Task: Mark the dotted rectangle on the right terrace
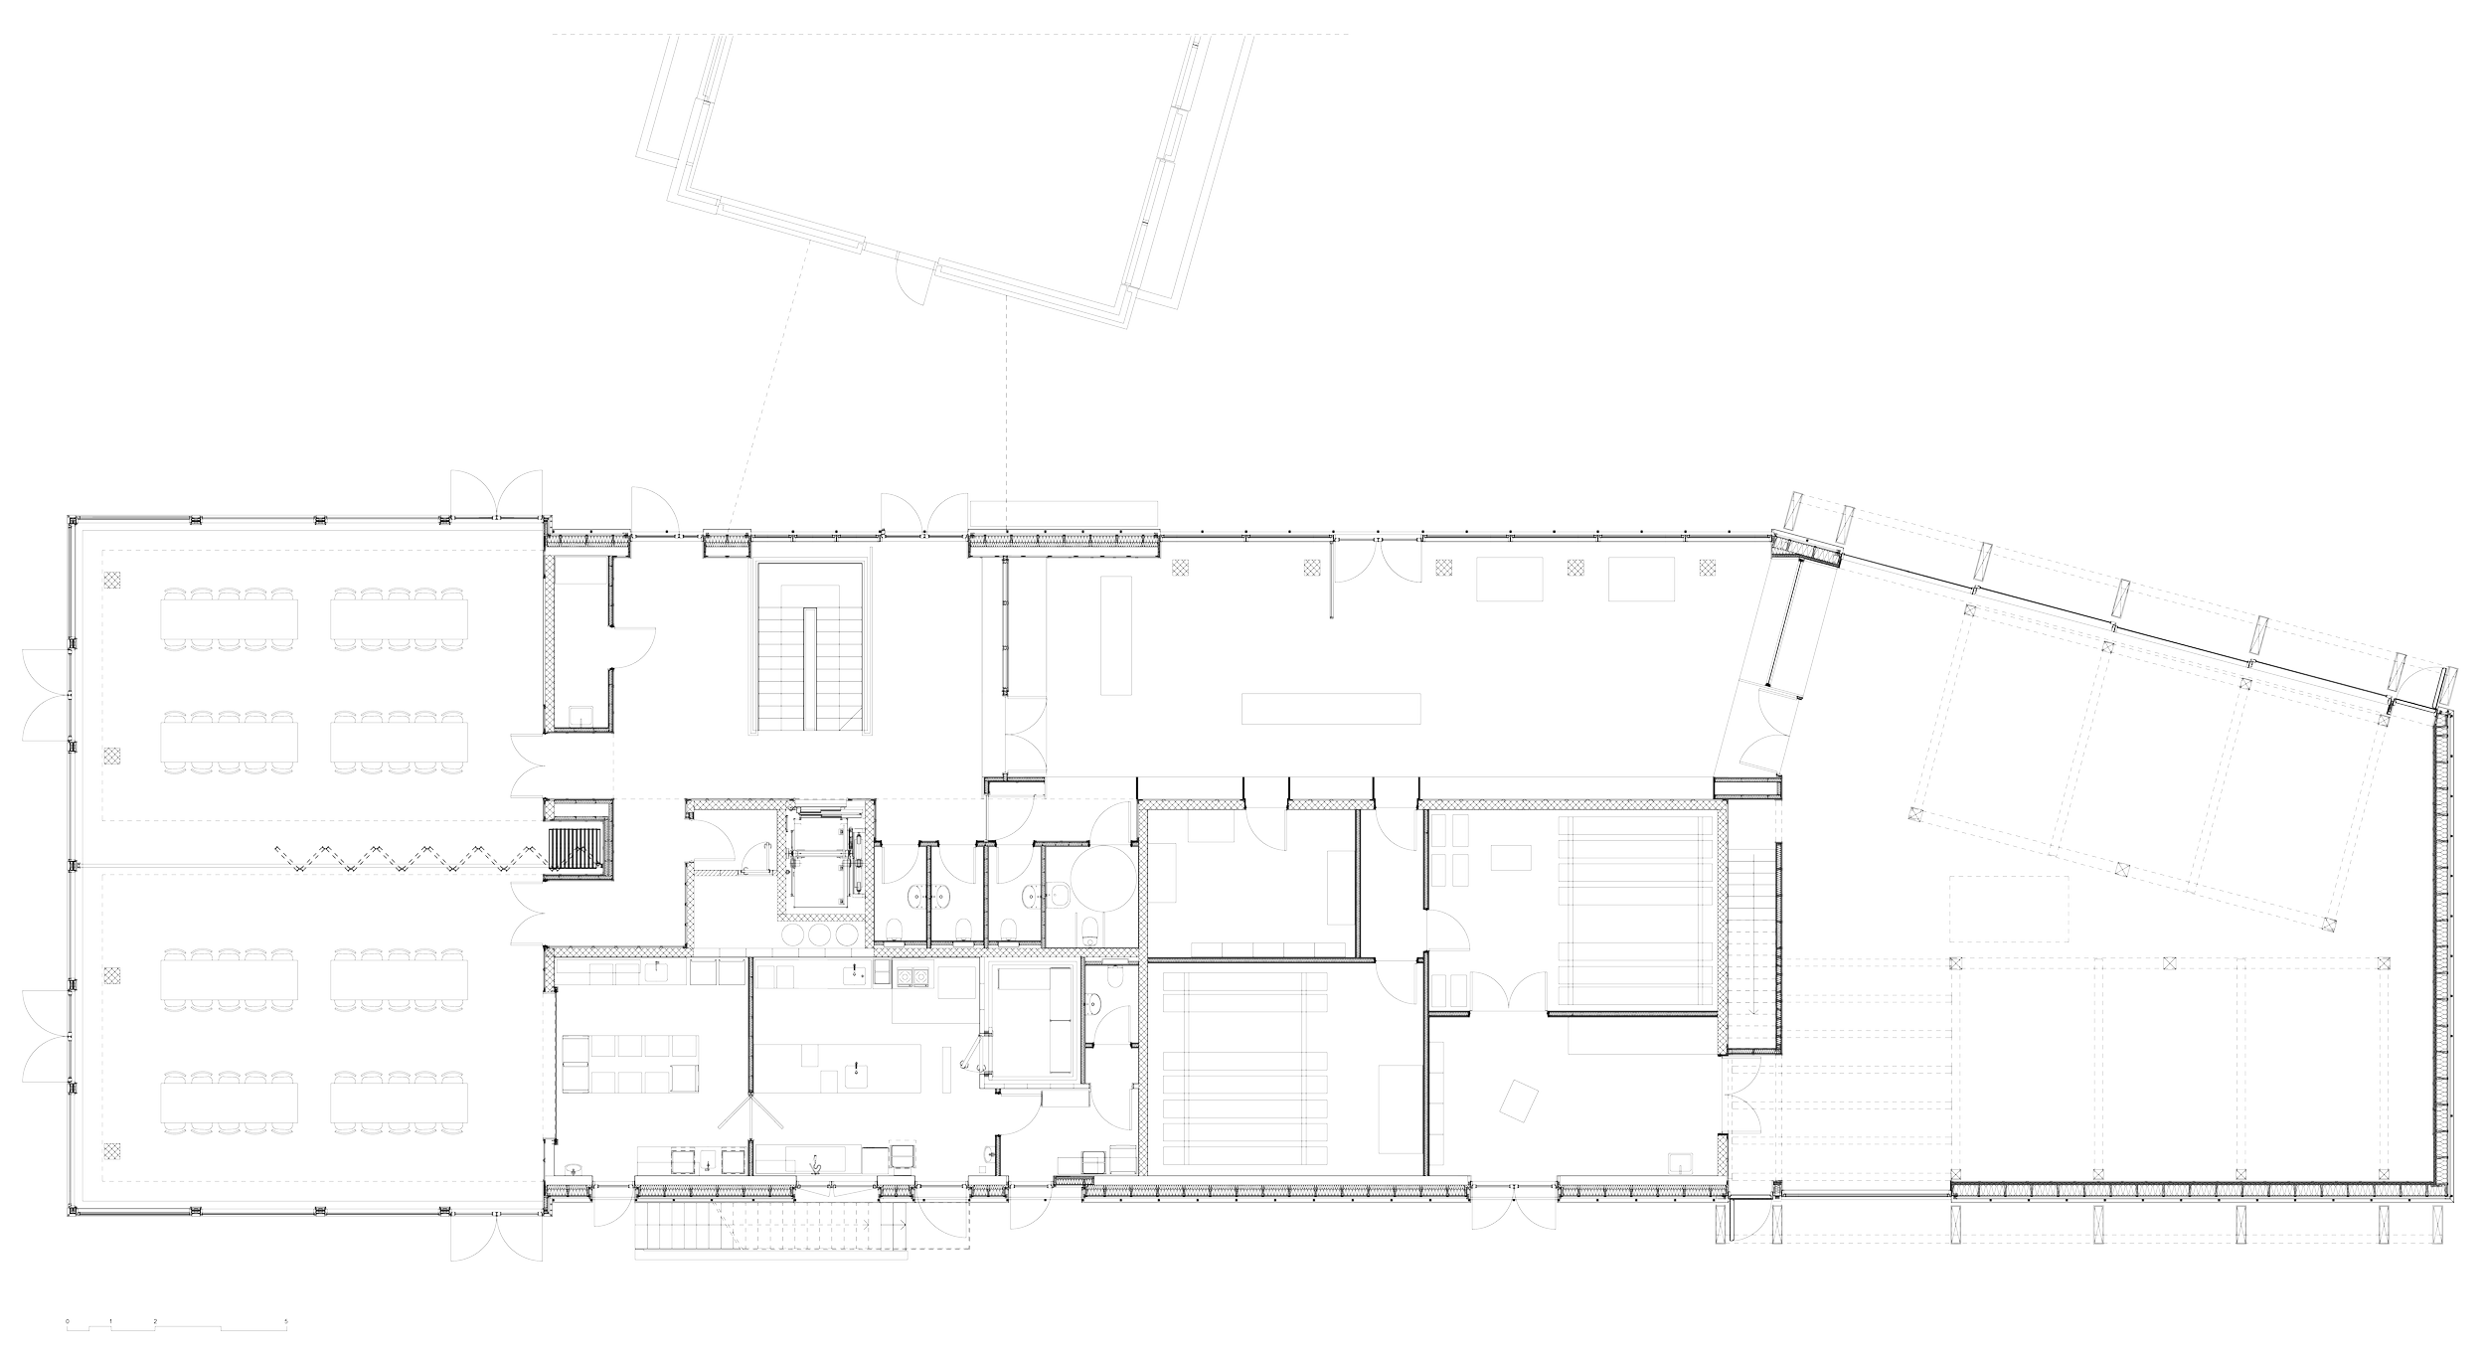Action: click(x=2009, y=908)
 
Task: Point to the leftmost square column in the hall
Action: click(x=1179, y=568)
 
